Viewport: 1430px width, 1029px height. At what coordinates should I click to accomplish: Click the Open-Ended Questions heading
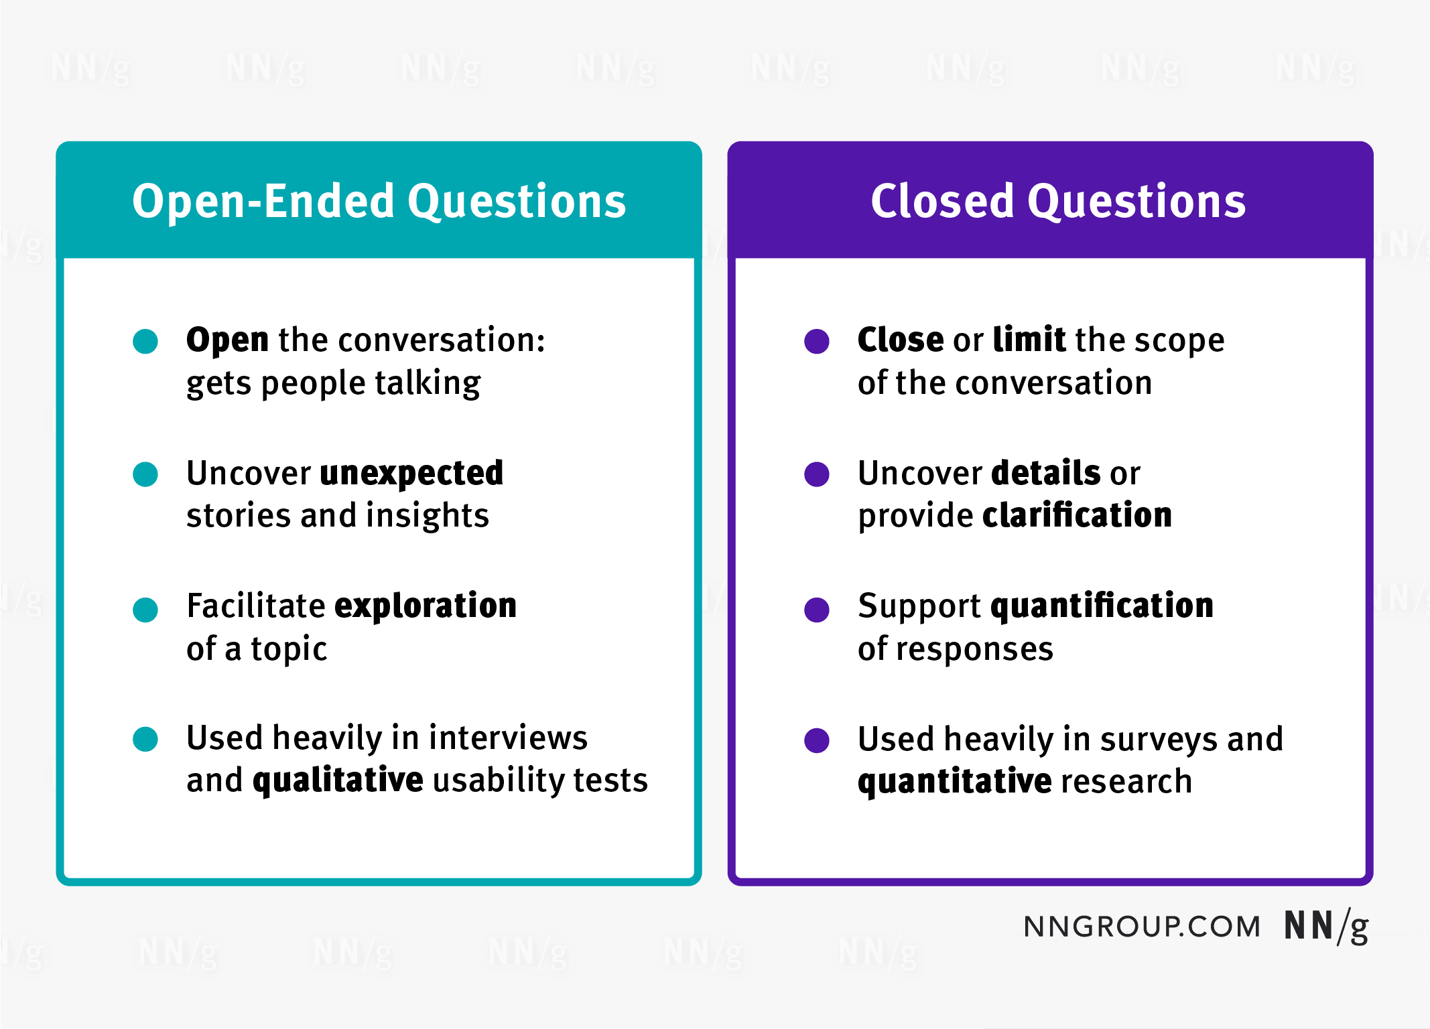click(x=379, y=201)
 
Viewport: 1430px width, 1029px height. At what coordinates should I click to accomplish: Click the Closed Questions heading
click(x=1057, y=201)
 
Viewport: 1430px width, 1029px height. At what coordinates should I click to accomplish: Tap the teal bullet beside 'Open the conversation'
click(x=145, y=341)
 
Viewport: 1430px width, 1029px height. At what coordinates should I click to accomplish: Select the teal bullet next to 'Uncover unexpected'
click(x=145, y=474)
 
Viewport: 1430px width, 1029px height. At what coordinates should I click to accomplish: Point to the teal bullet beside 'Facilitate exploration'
click(x=145, y=610)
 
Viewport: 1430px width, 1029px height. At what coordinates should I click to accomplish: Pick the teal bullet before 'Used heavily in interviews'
click(x=145, y=739)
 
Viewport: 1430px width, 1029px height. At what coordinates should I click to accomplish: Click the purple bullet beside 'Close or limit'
click(x=817, y=341)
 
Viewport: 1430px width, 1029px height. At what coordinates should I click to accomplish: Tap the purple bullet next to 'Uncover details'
click(x=817, y=474)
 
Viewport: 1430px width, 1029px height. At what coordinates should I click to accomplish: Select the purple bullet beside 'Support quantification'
click(x=817, y=610)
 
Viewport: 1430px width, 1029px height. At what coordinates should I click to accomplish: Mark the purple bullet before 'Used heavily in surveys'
click(x=817, y=740)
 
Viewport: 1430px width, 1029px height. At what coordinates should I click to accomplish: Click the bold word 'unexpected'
click(x=411, y=474)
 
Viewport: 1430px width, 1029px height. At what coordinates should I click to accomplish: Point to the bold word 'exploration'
click(x=426, y=606)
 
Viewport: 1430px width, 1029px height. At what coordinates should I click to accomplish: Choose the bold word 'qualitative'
click(x=338, y=780)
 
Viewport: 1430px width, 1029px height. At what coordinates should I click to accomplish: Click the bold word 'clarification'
click(x=1077, y=515)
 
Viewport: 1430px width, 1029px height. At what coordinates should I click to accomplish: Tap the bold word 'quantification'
click(x=1102, y=606)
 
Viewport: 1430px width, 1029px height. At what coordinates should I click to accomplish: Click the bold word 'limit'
click(x=1029, y=340)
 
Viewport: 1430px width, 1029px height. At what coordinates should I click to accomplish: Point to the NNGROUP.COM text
click(x=1142, y=927)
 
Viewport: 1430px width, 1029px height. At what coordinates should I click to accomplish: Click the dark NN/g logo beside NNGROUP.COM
click(x=1325, y=927)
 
